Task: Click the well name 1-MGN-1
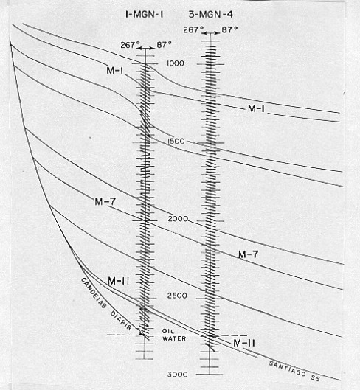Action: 145,15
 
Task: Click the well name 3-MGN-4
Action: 211,15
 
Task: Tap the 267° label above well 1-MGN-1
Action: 128,45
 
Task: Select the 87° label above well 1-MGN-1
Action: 165,45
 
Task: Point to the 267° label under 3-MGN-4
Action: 191,30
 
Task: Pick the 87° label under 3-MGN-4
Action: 229,29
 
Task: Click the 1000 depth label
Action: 176,63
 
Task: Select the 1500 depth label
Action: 176,141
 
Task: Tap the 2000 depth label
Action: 178,219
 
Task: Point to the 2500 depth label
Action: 177,296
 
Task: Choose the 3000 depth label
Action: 178,374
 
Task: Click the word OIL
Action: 168,331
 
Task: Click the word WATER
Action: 174,338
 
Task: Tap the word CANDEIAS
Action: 94,293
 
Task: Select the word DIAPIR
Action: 121,321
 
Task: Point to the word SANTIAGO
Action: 287,369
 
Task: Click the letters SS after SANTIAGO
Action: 316,377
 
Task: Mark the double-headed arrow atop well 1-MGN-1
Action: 146,48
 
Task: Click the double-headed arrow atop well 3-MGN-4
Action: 210,33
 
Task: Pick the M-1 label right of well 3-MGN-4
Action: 257,108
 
